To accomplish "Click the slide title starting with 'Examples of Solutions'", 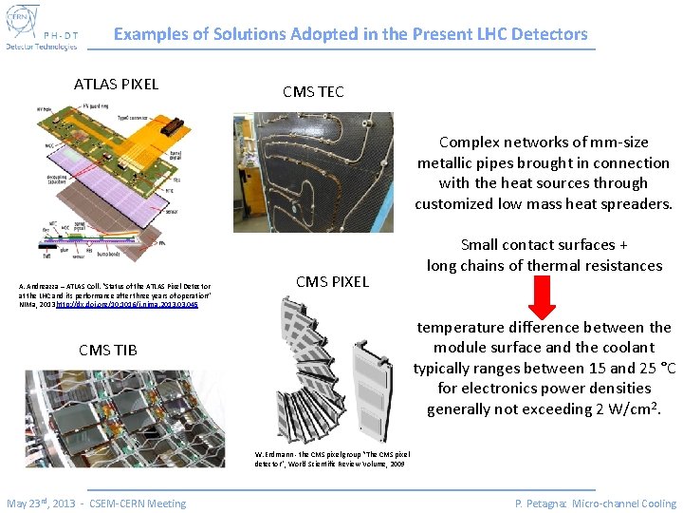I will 350,34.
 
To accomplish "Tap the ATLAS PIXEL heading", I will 116,84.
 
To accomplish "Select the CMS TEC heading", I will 313,92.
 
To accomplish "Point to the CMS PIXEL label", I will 332,281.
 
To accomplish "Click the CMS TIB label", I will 107,350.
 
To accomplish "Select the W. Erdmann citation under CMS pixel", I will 331,460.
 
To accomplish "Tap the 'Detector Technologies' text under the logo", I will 42,46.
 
